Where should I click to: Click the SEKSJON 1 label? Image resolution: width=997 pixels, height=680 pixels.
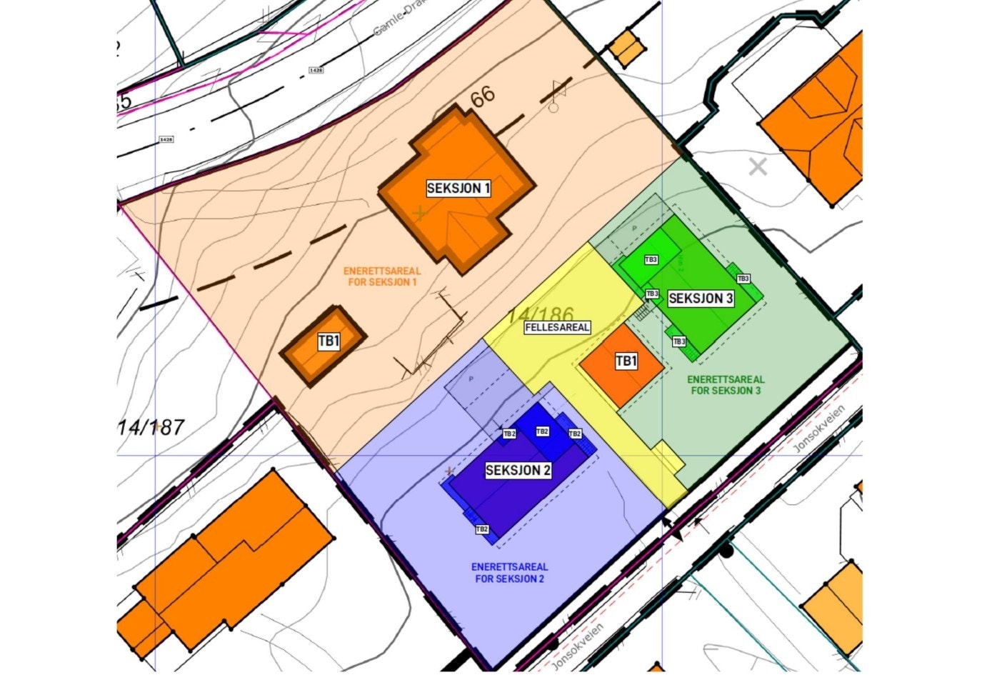pyautogui.click(x=459, y=189)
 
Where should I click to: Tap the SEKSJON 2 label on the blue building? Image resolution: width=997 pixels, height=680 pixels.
pyautogui.click(x=518, y=471)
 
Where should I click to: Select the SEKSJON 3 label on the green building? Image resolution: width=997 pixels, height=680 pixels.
pyautogui.click(x=701, y=299)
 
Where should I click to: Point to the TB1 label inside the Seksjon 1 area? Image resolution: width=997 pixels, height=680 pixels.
pyautogui.click(x=329, y=342)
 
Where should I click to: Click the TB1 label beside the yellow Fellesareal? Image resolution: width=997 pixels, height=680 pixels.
pyautogui.click(x=626, y=362)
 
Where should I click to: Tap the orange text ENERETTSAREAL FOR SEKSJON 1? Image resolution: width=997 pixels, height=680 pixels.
pyautogui.click(x=382, y=276)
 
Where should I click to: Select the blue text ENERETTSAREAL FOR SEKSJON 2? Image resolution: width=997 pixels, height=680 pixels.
pyautogui.click(x=510, y=573)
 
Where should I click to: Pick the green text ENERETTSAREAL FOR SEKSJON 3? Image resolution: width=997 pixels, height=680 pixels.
pyautogui.click(x=726, y=386)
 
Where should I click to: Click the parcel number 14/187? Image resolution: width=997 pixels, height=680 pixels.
pyautogui.click(x=151, y=428)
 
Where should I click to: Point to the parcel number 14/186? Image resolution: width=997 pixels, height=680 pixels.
pyautogui.click(x=541, y=314)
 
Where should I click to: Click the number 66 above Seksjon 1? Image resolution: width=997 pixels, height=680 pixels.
pyautogui.click(x=482, y=98)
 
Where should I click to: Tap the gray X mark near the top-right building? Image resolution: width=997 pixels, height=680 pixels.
pyautogui.click(x=758, y=167)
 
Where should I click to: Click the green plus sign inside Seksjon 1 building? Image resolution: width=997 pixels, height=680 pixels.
pyautogui.click(x=421, y=212)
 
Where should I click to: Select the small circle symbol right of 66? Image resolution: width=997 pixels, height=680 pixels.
pyautogui.click(x=553, y=108)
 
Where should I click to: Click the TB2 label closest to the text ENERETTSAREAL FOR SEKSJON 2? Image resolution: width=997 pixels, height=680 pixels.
pyautogui.click(x=482, y=529)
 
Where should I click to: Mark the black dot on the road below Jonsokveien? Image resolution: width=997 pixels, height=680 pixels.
pyautogui.click(x=726, y=551)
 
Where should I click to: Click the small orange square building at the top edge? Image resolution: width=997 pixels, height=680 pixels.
pyautogui.click(x=626, y=48)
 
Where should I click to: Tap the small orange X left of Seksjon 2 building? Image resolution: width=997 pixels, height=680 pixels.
pyautogui.click(x=449, y=471)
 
